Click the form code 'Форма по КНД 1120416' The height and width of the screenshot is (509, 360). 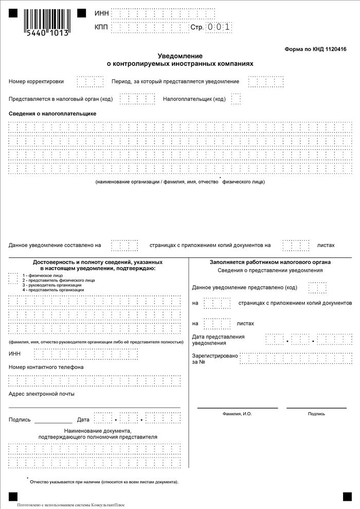coord(315,49)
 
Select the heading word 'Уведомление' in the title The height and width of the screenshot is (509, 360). coord(180,56)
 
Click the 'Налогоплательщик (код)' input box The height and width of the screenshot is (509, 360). coord(236,99)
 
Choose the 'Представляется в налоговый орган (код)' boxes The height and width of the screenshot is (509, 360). coord(137,99)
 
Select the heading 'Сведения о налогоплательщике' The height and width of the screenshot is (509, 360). coord(52,113)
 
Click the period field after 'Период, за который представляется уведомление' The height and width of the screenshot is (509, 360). coord(266,82)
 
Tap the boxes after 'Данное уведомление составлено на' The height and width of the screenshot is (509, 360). coord(124,245)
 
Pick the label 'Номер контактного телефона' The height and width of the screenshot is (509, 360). coord(46,367)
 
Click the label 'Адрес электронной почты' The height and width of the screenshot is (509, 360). coord(42,394)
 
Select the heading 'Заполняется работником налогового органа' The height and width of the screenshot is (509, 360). coord(270,262)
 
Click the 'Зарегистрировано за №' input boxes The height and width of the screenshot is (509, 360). coord(296,358)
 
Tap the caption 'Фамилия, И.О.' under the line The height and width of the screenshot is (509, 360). coord(237,413)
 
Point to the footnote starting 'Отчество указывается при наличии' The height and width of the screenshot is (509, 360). coord(104,482)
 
